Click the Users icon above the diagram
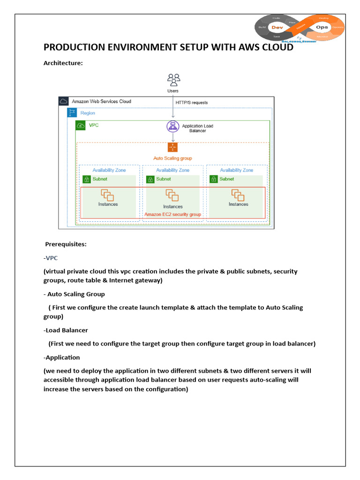tap(173, 79)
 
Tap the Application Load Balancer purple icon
tap(173, 127)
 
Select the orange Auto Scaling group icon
tap(172, 148)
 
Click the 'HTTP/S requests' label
tap(191, 103)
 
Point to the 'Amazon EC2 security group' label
tap(172, 214)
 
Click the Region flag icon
tap(72, 113)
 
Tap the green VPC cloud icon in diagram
tap(81, 126)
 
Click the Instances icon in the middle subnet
tap(172, 195)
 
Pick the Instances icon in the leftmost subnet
tap(108, 195)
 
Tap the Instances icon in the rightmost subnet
tap(238, 195)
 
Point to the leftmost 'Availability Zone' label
tap(109, 170)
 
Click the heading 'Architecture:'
tap(63, 63)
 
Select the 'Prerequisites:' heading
tap(66, 244)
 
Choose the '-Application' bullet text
tap(62, 357)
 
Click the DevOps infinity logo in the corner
tap(300, 27)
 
